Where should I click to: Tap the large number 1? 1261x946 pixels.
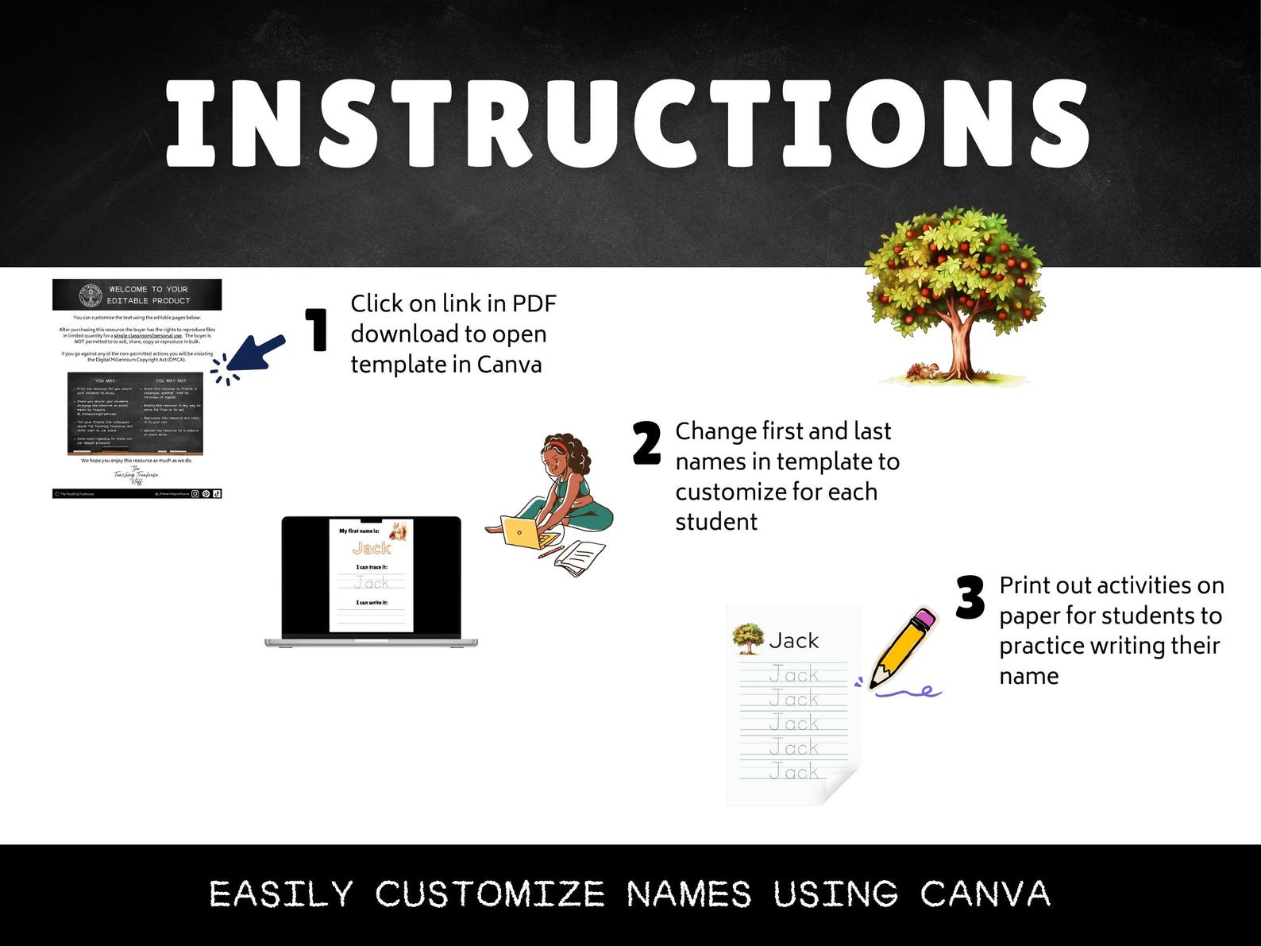tap(318, 330)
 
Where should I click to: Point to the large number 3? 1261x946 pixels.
tap(970, 597)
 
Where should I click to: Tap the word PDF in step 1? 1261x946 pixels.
tap(534, 303)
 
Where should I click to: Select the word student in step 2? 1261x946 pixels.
tap(716, 522)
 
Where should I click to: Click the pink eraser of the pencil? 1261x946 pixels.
tap(925, 618)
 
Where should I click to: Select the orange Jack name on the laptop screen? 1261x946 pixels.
tap(371, 548)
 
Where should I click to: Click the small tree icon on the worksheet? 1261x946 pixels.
tap(747, 638)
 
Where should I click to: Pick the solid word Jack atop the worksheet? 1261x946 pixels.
tap(793, 640)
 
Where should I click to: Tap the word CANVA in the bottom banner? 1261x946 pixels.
tap(985, 894)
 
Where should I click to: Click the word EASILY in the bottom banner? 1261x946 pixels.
tap(281, 894)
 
